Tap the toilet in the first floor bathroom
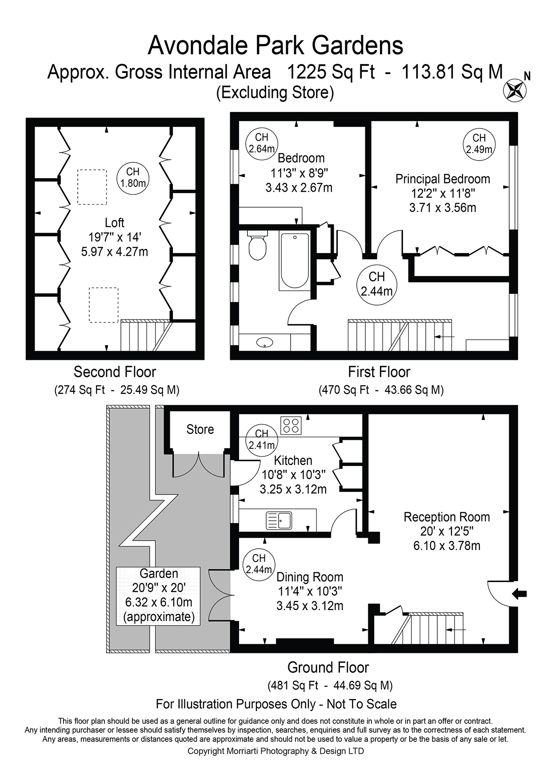pos(257,245)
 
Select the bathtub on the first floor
pos(295,261)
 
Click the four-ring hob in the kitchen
pos(291,425)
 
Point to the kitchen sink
pos(279,520)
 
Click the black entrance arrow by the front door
pos(519,593)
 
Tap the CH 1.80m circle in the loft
pos(132,177)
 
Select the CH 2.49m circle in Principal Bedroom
pos(479,144)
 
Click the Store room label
pos(200,429)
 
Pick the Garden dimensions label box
pos(159,595)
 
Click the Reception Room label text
pos(447,517)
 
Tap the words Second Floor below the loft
pos(115,372)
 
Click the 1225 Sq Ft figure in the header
pos(331,72)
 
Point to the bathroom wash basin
pos(265,342)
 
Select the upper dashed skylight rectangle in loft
pos(92,187)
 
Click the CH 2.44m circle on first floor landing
pos(376,284)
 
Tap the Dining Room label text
pos(310,577)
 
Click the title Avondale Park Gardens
pos(275,46)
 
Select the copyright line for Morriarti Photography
pos(275,751)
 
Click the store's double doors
pos(200,465)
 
